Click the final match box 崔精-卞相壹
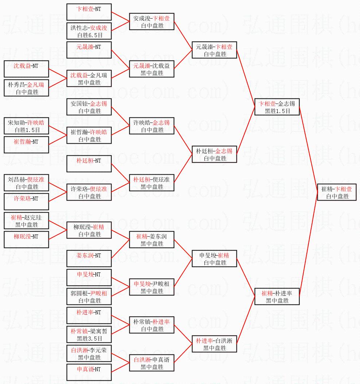coord(337,192)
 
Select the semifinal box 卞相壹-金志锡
coord(277,107)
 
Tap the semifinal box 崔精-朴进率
coord(277,296)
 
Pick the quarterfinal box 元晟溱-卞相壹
coord(214,50)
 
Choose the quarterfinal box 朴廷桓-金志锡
coord(214,154)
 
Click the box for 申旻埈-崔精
coord(214,259)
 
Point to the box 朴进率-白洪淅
coord(214,344)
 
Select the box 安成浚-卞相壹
coord(152,22)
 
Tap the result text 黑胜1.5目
coord(277,111)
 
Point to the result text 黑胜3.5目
coord(89,339)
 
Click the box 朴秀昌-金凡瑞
coord(27,88)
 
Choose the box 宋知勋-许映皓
coord(27,126)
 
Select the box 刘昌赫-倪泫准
coord(27,183)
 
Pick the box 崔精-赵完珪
coord(27,221)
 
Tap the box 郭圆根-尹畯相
coord(89,296)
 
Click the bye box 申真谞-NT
coord(89,372)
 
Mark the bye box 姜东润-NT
coord(89,259)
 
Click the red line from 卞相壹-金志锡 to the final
coord(308,150)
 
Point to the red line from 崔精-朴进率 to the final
coord(308,244)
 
